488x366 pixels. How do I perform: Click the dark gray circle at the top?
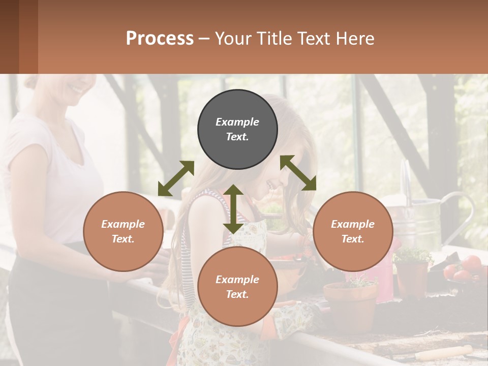[237, 129]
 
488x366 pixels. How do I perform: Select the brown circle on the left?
[123, 231]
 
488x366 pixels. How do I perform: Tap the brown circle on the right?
[353, 231]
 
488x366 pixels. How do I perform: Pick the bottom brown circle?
[237, 287]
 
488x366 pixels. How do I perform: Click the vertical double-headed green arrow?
[233, 209]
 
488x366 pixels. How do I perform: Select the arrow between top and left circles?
[176, 178]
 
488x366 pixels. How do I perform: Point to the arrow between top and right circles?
[298, 173]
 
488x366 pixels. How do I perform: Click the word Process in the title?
[160, 38]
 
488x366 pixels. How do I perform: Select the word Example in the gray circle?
[237, 122]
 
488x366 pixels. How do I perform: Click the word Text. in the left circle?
[123, 239]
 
